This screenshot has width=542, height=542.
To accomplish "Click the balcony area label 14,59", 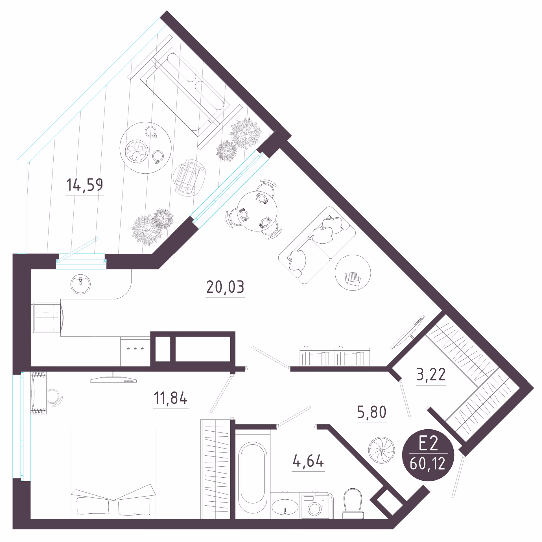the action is [x=85, y=185].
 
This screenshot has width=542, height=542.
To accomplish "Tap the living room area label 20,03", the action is [x=225, y=287].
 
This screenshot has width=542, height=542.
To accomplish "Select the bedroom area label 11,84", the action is [x=171, y=398].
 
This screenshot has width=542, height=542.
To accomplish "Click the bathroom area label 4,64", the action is [x=308, y=461].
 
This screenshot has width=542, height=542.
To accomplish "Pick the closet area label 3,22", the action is [x=431, y=375].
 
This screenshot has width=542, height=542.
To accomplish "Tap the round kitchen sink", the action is [x=80, y=284].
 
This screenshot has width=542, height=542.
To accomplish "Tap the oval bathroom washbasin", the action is [x=285, y=506].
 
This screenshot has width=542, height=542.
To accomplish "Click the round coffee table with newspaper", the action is [x=353, y=273].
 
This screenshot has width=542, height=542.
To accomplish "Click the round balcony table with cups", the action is [x=145, y=148].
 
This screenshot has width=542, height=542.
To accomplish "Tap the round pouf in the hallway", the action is [x=381, y=450].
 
